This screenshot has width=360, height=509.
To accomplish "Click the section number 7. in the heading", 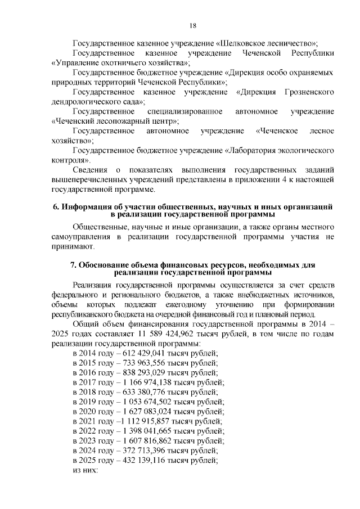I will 73,265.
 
